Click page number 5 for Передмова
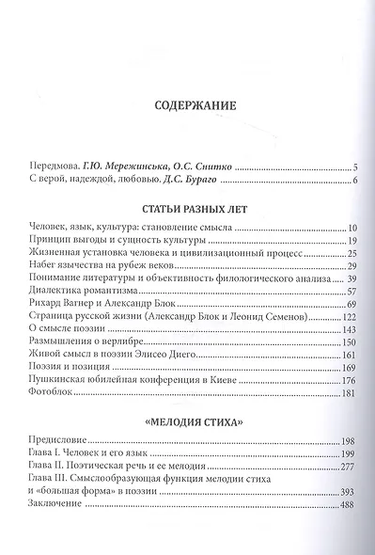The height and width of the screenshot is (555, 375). pos(355,166)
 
